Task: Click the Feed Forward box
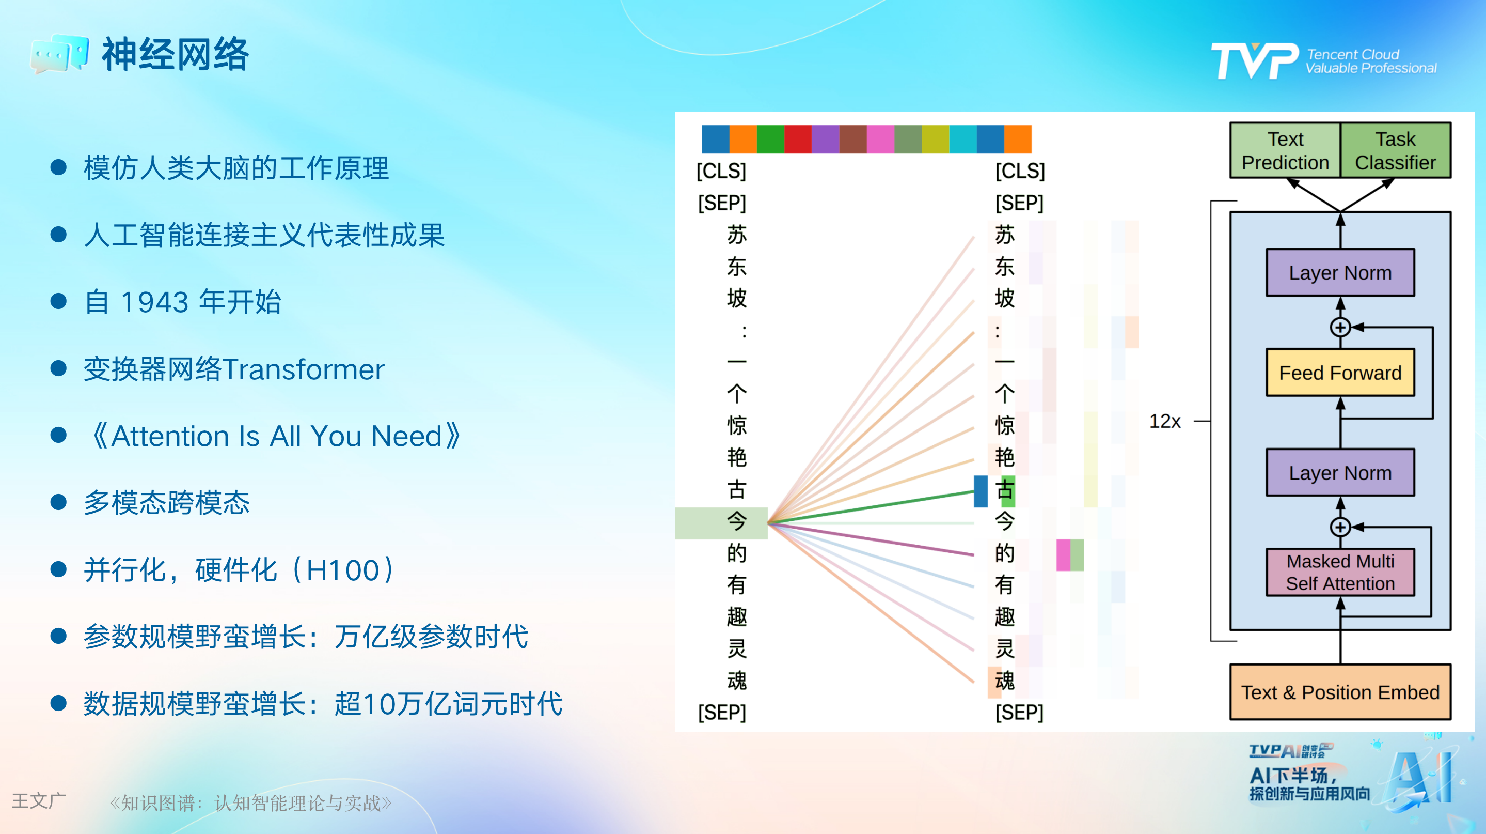(1340, 372)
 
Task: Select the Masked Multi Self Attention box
(1340, 572)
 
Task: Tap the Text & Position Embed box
(1340, 692)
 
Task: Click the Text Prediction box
(1285, 150)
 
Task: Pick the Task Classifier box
(1396, 150)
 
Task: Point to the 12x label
(1165, 421)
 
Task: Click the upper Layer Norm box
(1340, 272)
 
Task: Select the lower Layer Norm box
(1340, 473)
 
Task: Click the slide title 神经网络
(175, 54)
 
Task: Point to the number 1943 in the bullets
(154, 302)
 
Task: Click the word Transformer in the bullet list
(304, 369)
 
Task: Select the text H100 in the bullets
(343, 570)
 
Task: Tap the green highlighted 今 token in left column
(737, 522)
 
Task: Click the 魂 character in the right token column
(1004, 681)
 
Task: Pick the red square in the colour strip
(798, 139)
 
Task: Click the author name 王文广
(39, 801)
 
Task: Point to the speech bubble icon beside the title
(59, 54)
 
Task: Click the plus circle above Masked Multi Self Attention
(1340, 527)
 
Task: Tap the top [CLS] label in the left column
(721, 171)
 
